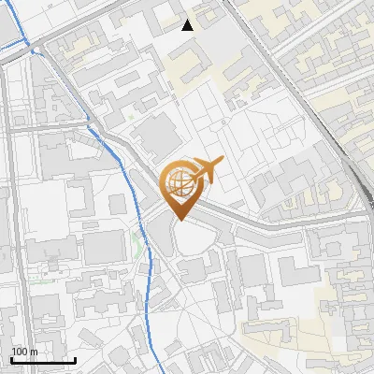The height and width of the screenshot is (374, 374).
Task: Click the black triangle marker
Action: point(188,25)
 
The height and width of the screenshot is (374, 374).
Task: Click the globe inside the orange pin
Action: point(180,183)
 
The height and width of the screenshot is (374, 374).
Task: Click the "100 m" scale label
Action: point(24,352)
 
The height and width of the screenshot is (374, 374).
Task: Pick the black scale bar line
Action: point(43,360)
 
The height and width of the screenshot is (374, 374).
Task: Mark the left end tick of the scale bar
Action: point(11,358)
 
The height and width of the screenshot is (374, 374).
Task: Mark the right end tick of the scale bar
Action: point(75,358)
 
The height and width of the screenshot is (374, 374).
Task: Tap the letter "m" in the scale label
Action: point(33,352)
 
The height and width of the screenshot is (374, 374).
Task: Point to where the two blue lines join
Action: point(35,49)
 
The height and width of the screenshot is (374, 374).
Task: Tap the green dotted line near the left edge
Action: point(42,279)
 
